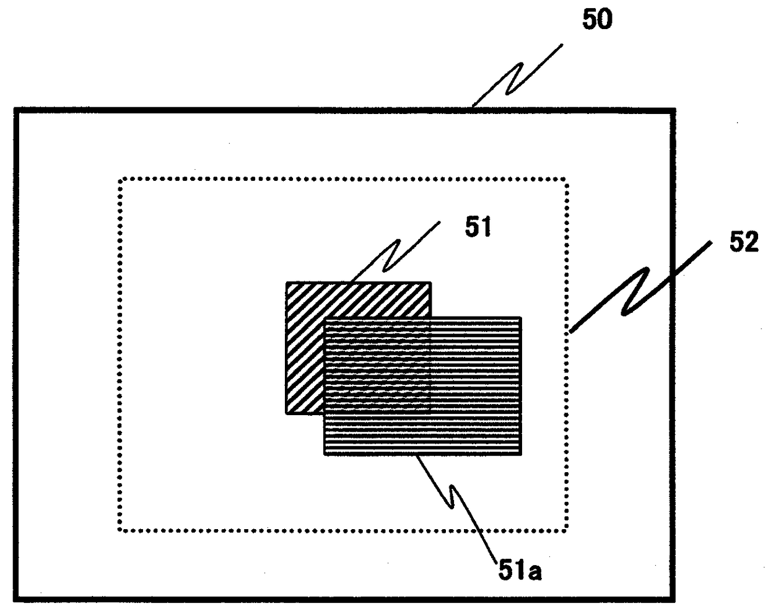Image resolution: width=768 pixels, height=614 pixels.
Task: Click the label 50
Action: [596, 20]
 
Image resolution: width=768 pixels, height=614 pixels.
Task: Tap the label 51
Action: [478, 228]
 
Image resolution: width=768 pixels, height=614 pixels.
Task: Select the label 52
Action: [743, 243]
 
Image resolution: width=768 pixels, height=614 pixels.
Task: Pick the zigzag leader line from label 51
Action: [393, 253]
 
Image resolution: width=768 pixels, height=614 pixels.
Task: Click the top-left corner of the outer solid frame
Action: [16, 110]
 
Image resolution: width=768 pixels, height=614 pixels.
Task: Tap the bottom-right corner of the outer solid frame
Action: [673, 600]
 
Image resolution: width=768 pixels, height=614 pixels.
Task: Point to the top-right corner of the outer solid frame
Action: [673, 110]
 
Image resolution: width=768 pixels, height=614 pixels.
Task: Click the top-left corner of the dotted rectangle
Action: [120, 180]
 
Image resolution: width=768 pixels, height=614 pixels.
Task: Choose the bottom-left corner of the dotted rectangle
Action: [120, 530]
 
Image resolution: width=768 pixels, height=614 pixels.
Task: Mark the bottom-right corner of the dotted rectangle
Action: [565, 530]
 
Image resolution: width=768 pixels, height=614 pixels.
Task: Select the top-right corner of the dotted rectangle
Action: [565, 180]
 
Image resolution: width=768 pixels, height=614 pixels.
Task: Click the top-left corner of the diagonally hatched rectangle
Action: [287, 283]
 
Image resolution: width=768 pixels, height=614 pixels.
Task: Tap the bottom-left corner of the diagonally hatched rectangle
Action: [287, 413]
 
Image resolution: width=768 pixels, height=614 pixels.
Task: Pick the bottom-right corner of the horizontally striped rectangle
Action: [520, 454]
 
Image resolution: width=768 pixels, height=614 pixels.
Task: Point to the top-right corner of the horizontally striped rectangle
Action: [520, 318]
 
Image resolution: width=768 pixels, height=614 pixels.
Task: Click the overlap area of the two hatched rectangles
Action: [377, 366]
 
